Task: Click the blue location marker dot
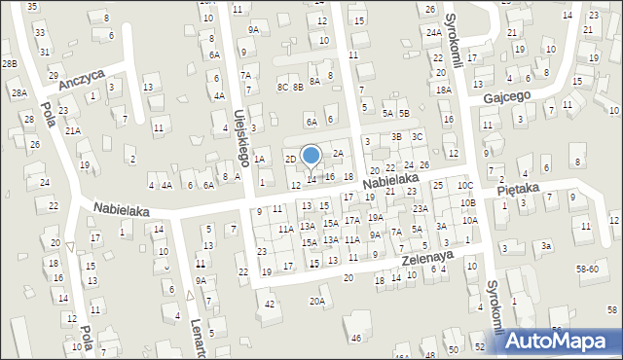[311, 155]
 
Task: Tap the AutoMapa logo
[561, 341]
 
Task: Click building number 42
[270, 305]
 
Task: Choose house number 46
[356, 338]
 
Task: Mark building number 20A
[317, 302]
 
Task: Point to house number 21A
[73, 129]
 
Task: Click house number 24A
[433, 32]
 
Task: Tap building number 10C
[465, 185]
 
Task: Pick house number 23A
[420, 208]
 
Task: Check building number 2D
[289, 159]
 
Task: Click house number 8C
[281, 88]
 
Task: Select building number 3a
[547, 247]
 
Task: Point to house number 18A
[444, 90]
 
